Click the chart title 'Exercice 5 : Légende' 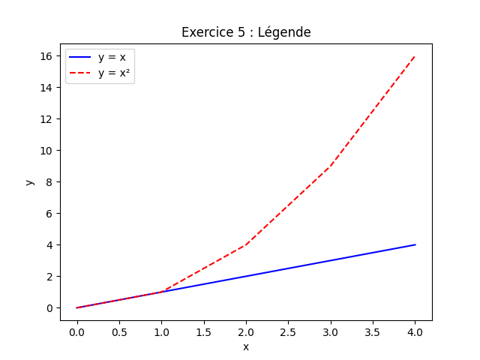click(x=246, y=32)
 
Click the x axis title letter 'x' click(x=246, y=346)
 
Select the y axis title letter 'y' click(x=29, y=182)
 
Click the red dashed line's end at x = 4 click(x=415, y=56)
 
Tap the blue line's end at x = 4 click(x=415, y=244)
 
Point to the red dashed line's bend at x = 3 click(x=331, y=166)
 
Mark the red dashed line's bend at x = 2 click(x=246, y=244)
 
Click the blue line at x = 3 click(x=331, y=260)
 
